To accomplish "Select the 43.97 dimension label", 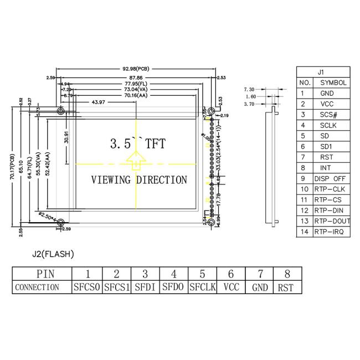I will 99,101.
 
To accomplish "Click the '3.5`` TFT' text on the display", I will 138,143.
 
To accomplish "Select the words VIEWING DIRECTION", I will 138,180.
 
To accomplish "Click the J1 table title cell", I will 323,72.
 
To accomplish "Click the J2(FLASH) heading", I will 53,254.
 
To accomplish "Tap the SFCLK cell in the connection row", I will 202,287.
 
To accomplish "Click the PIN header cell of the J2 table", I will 42,274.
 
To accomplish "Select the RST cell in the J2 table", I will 286,287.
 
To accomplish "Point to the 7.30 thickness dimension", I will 249,89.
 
